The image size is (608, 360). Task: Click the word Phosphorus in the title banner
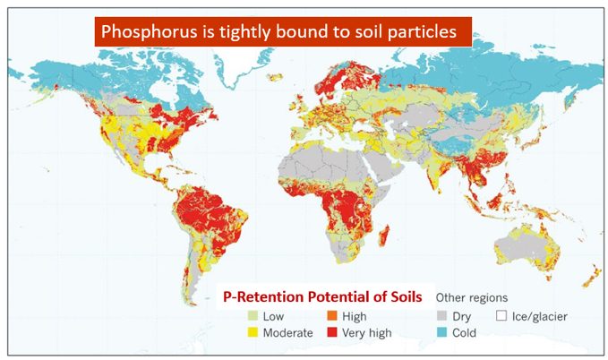coord(144,33)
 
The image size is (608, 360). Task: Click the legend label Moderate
coord(288,332)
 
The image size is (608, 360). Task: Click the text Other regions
coord(471,296)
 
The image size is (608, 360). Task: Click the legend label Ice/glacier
coord(537,316)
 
